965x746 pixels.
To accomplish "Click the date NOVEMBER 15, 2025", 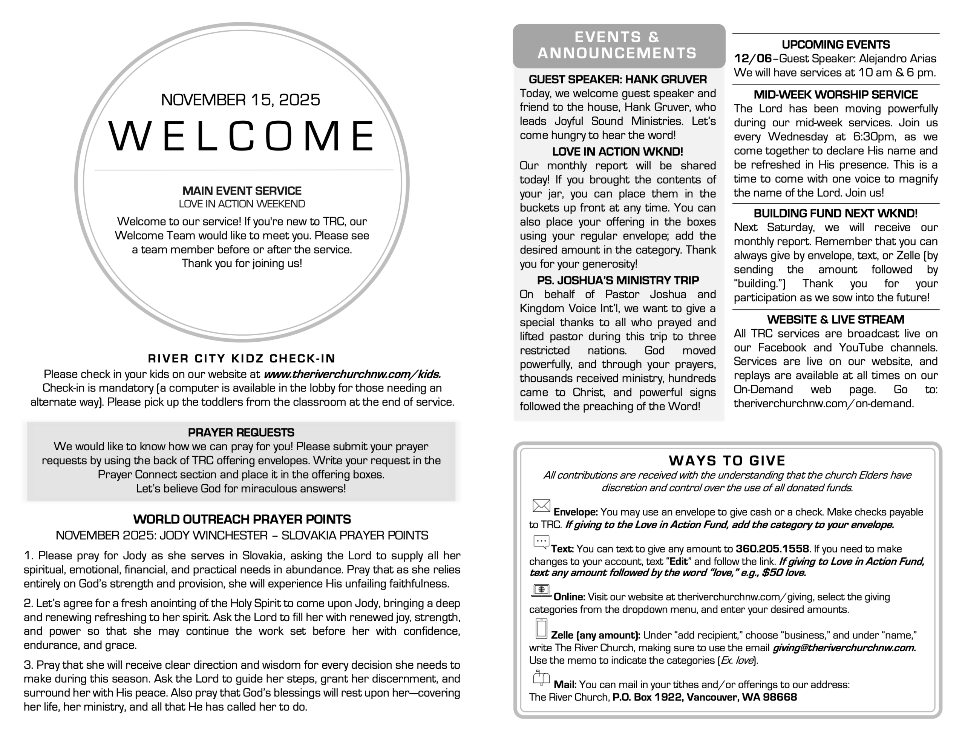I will [240, 100].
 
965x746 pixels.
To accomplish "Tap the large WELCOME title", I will [242, 136].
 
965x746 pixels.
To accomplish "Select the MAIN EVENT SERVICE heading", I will [242, 191].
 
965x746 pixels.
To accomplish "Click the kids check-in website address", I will [352, 374].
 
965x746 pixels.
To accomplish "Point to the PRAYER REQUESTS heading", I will [241, 433].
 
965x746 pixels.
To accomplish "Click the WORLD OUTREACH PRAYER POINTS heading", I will [242, 519].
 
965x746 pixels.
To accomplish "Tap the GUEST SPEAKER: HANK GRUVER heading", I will [617, 80].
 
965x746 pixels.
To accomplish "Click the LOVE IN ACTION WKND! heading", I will [617, 152].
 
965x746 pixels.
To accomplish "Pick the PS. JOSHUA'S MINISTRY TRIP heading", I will [617, 280].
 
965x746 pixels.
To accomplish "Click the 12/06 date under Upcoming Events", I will [752, 59].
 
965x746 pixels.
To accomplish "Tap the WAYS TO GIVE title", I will [727, 461].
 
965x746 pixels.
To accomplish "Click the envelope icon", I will [541, 506].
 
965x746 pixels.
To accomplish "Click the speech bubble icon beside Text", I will [541, 542].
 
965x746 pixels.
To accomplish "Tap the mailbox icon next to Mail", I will [541, 678].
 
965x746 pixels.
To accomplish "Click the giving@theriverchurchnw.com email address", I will [844, 648].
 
